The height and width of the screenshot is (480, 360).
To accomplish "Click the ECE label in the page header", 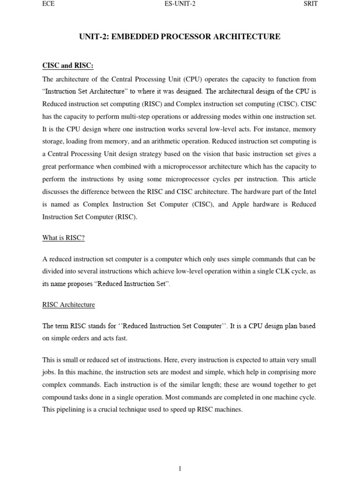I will [x=49, y=4].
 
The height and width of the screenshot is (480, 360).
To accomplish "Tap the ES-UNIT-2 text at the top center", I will [x=180, y=4].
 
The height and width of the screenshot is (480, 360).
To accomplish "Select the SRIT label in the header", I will [x=311, y=4].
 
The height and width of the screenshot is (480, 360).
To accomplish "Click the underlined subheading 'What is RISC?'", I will [x=64, y=238].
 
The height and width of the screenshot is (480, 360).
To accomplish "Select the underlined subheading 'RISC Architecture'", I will [x=68, y=305].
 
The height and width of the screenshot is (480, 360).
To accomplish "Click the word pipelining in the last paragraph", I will [x=71, y=410].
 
